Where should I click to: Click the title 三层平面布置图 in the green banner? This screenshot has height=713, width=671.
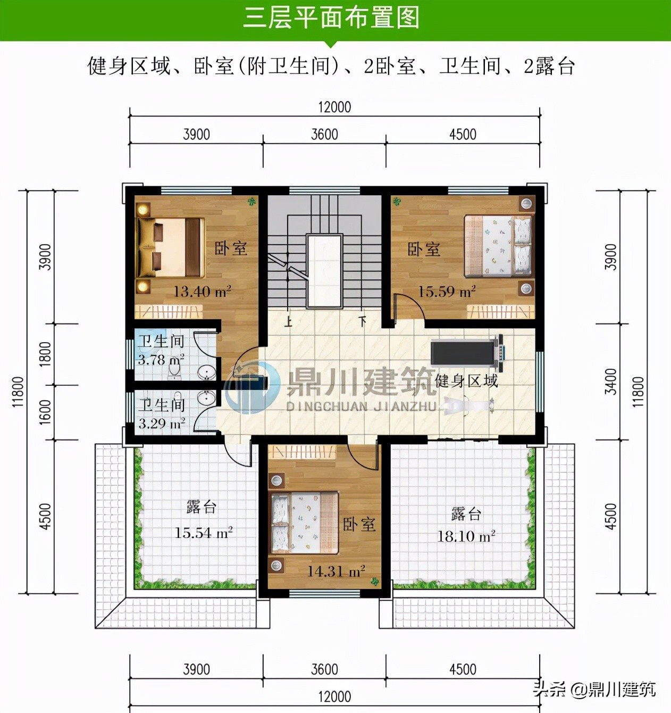[331, 18]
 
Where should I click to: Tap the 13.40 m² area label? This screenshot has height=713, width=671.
[202, 292]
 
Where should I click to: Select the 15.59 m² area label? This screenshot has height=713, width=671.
[447, 292]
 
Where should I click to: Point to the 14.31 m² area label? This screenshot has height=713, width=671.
[336, 571]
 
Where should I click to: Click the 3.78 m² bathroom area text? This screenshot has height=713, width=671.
[161, 360]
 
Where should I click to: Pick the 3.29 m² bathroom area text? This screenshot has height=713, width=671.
[162, 424]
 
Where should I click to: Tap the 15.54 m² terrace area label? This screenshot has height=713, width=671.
[204, 533]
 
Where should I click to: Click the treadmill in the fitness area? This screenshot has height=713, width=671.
[467, 352]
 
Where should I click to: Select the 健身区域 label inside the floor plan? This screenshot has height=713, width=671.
[466, 381]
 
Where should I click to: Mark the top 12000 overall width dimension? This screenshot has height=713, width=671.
[334, 107]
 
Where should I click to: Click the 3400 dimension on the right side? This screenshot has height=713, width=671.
[611, 382]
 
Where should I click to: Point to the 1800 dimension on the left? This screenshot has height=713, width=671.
[46, 354]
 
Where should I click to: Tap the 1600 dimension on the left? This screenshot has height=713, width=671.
[46, 412]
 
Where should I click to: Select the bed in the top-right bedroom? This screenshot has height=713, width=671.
[498, 246]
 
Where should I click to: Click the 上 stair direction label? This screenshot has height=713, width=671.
[288, 321]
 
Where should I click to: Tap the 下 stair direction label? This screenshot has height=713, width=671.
[363, 321]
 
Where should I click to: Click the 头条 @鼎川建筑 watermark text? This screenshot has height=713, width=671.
[594, 690]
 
